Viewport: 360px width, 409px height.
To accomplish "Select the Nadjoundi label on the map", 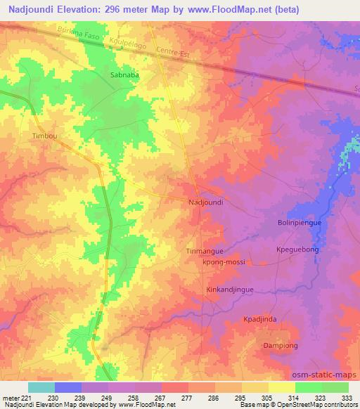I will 206,202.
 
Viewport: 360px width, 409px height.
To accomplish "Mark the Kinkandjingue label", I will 229,290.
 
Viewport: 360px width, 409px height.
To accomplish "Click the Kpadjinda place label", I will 279,319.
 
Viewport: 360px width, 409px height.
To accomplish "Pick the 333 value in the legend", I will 346,398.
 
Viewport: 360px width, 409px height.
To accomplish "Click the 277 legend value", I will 187,398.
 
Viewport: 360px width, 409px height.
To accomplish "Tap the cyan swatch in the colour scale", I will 41,387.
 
